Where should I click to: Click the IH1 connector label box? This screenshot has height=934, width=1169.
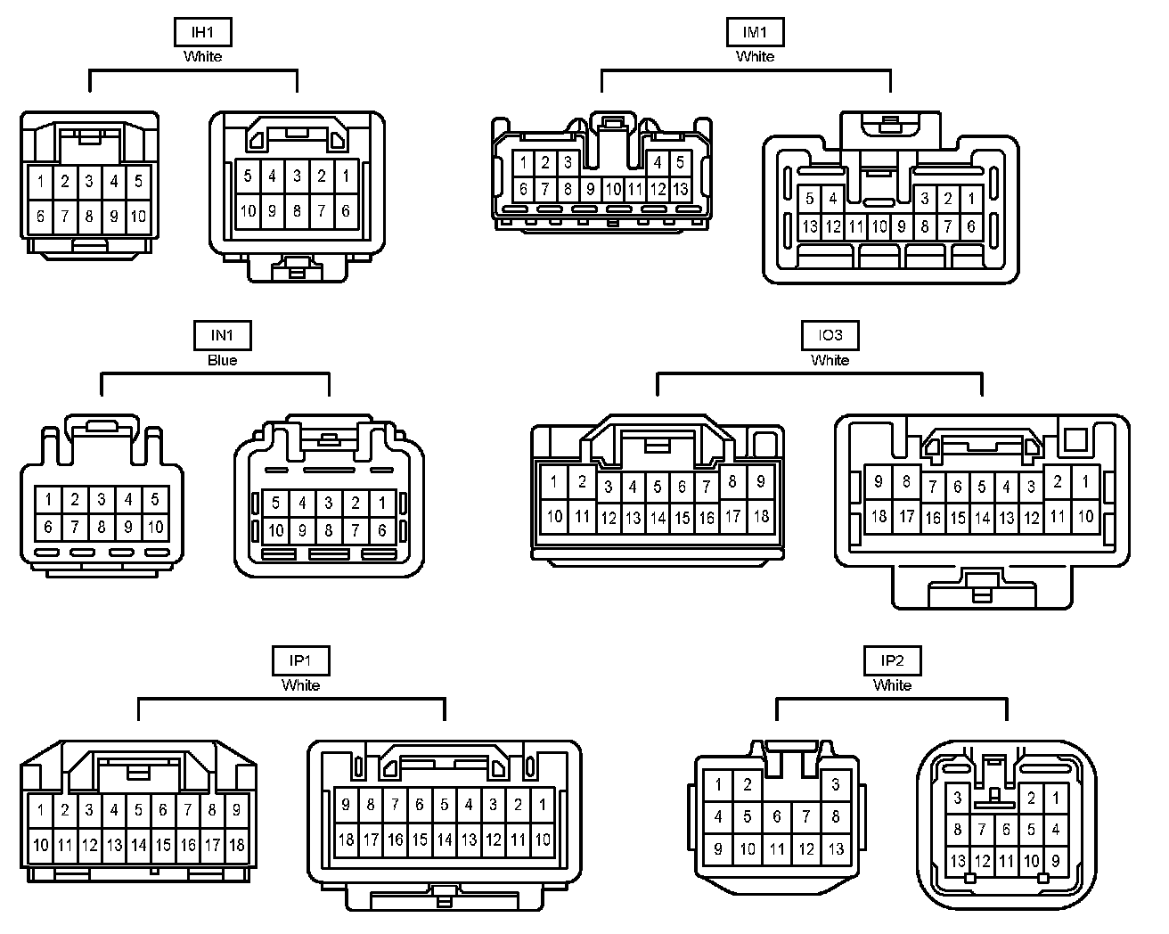pyautogui.click(x=203, y=33)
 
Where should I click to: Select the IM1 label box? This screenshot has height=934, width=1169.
pyautogui.click(x=755, y=33)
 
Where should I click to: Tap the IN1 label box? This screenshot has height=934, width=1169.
pyautogui.click(x=222, y=336)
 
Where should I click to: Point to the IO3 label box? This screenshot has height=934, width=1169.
pyautogui.click(x=830, y=336)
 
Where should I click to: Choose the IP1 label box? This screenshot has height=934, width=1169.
pyautogui.click(x=300, y=661)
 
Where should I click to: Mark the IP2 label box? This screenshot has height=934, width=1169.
pyautogui.click(x=892, y=661)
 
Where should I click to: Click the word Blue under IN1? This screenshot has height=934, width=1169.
pyautogui.click(x=222, y=360)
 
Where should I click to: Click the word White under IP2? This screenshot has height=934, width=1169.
pyautogui.click(x=892, y=685)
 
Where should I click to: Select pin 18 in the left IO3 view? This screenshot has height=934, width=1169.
pyautogui.click(x=761, y=515)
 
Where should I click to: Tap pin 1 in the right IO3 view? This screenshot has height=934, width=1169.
pyautogui.click(x=1085, y=482)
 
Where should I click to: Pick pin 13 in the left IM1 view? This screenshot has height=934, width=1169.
pyautogui.click(x=680, y=189)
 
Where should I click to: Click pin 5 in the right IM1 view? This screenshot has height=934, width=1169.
pyautogui.click(x=809, y=199)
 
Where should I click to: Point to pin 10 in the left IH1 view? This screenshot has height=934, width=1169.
pyautogui.click(x=138, y=216)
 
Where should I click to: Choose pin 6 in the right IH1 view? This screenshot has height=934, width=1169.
pyautogui.click(x=346, y=211)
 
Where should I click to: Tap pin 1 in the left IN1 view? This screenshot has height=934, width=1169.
pyautogui.click(x=48, y=500)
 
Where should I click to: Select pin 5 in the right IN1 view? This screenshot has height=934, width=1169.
pyautogui.click(x=276, y=504)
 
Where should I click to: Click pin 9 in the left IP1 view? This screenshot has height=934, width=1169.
pyautogui.click(x=236, y=811)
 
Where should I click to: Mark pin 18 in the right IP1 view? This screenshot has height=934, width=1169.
pyautogui.click(x=346, y=839)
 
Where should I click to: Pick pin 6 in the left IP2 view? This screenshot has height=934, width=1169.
pyautogui.click(x=776, y=816)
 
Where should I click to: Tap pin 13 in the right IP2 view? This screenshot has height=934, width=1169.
pyautogui.click(x=957, y=861)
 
